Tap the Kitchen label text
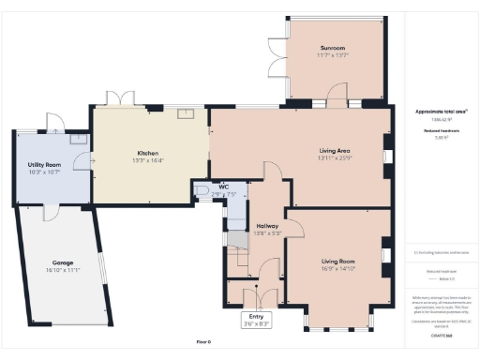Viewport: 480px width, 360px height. pos(147,153)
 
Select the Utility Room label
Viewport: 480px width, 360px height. pos(44,164)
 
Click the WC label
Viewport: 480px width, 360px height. pos(223,187)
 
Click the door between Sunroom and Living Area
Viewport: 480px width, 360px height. pos(336,94)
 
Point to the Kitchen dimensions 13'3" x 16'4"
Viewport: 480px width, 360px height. pos(147,160)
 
